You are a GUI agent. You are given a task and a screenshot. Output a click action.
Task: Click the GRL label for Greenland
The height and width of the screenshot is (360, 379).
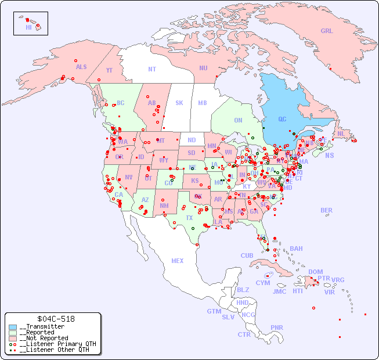click(327, 31)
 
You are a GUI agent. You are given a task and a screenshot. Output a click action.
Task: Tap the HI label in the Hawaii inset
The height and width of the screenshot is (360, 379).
click(28, 27)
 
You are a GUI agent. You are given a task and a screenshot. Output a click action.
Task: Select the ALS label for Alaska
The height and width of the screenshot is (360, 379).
click(81, 67)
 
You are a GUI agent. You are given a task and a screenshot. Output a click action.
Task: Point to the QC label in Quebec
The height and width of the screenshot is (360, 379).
click(282, 120)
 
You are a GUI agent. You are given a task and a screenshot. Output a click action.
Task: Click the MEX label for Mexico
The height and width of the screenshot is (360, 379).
click(177, 261)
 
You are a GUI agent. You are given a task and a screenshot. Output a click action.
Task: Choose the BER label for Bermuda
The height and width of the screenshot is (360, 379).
click(326, 211)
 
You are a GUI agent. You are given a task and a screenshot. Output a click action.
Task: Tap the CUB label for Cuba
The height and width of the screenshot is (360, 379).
click(247, 256)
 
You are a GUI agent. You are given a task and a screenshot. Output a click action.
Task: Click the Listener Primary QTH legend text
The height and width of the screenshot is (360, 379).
click(57, 344)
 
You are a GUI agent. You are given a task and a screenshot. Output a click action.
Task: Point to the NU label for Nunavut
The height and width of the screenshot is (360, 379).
click(203, 69)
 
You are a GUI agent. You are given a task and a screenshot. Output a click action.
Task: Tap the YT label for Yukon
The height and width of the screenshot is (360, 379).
click(109, 70)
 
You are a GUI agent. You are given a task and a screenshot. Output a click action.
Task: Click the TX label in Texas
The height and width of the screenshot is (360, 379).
click(189, 218)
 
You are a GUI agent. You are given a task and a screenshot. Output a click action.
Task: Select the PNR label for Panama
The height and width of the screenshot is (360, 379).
click(277, 327)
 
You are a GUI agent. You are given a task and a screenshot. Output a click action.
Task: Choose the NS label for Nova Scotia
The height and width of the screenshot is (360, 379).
click(329, 156)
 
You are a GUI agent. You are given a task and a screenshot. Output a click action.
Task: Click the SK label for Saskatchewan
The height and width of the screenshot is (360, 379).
click(179, 103)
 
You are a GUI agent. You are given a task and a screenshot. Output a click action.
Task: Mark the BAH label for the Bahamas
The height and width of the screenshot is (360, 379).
click(296, 249)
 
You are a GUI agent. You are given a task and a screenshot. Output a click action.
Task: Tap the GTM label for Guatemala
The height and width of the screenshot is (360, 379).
click(214, 311)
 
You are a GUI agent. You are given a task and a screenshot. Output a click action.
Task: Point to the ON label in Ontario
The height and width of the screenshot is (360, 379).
click(238, 121)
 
